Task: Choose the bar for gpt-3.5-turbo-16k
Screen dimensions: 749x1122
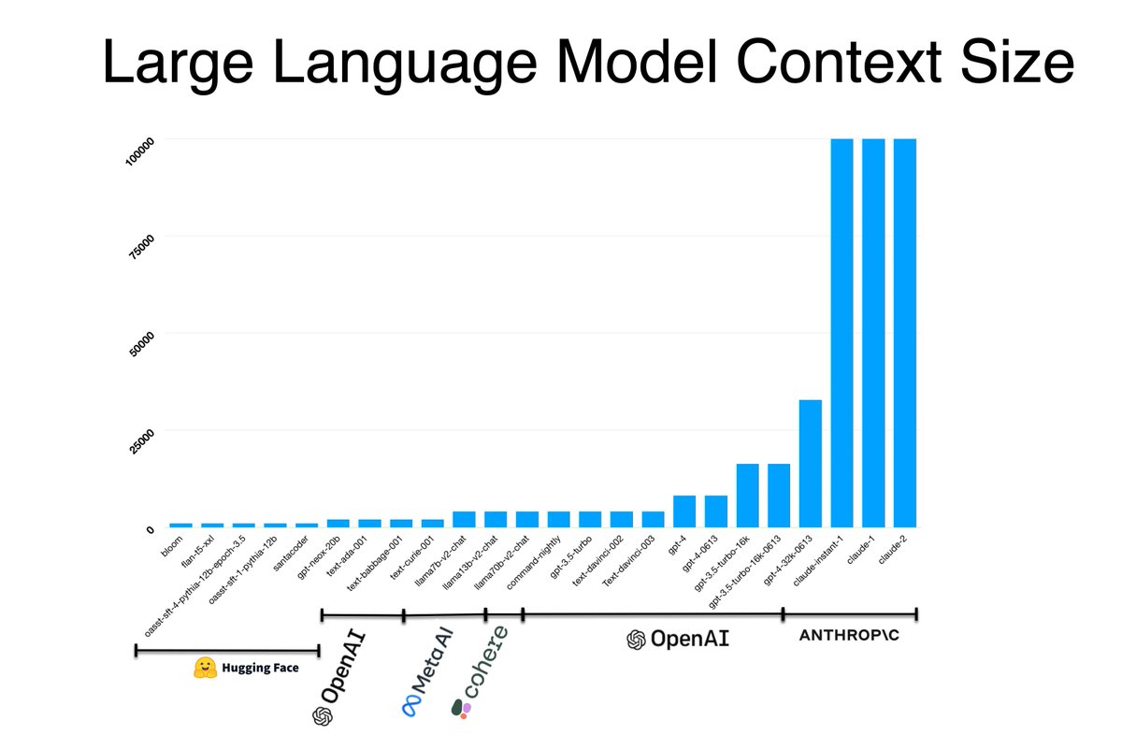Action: [x=747, y=495]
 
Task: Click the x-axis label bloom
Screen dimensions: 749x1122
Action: [x=171, y=545]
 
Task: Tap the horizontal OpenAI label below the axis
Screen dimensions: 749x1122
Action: [x=678, y=640]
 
